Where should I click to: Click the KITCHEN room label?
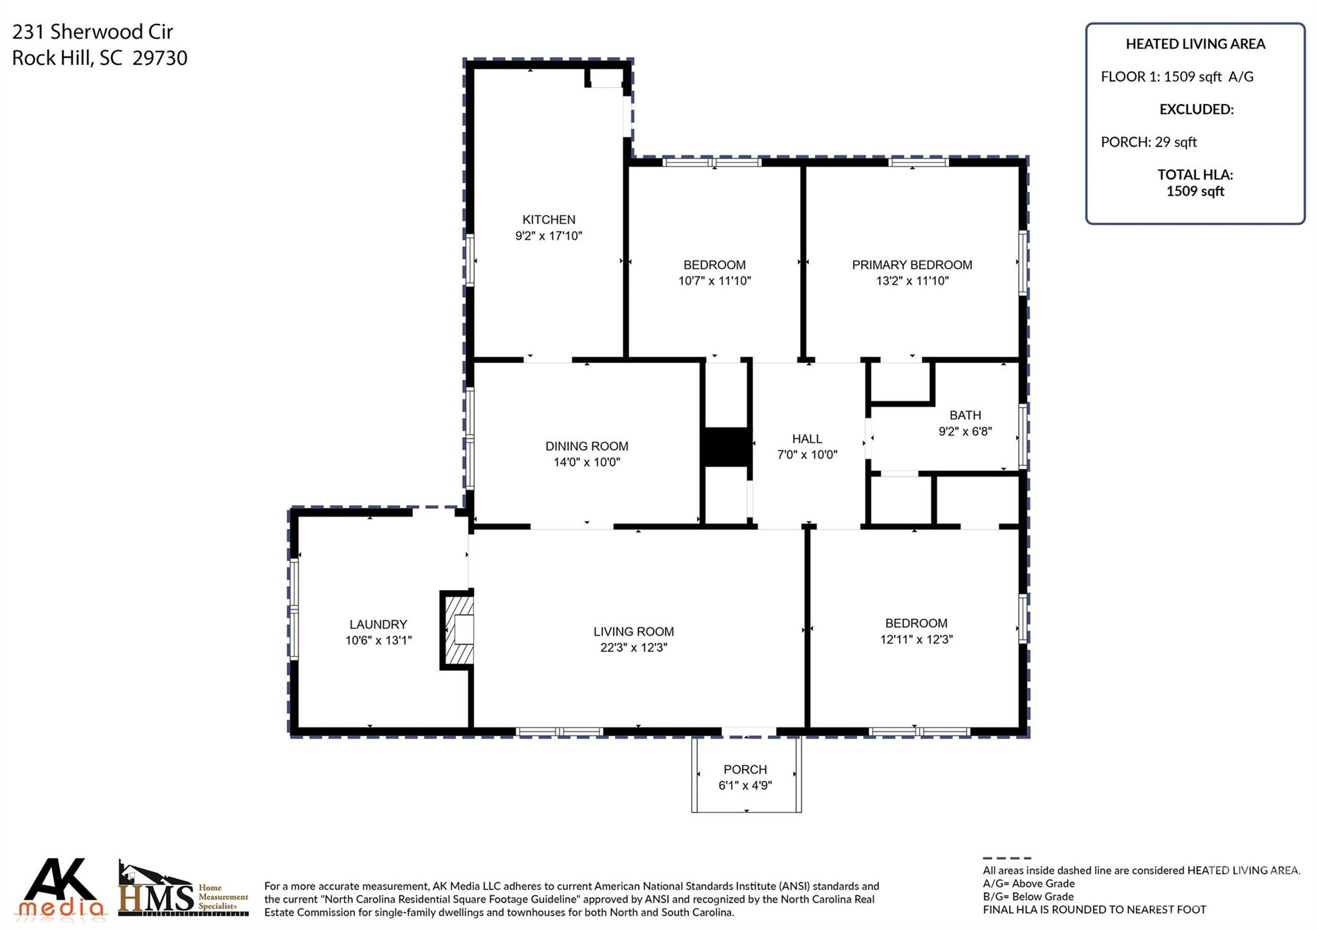[x=548, y=220]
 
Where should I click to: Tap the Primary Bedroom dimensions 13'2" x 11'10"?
[x=912, y=281]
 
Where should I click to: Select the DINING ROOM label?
[x=586, y=446]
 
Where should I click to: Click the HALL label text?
[x=806, y=439]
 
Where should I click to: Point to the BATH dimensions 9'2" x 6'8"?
[x=965, y=432]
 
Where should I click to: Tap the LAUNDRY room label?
[x=378, y=625]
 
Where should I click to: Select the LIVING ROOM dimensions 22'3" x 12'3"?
[x=633, y=648]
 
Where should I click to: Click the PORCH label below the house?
[x=745, y=770]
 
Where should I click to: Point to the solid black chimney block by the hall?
[x=726, y=447]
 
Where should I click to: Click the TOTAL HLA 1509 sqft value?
[x=1195, y=192]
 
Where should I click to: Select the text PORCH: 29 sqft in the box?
[x=1149, y=142]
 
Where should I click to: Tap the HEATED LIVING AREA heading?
[x=1195, y=44]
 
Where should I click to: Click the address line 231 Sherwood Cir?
[x=93, y=31]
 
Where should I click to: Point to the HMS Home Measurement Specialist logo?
[x=183, y=890]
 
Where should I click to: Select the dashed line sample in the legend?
[x=1006, y=858]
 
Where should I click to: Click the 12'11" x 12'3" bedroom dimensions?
[x=916, y=639]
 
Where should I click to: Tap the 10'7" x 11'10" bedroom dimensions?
[x=714, y=281]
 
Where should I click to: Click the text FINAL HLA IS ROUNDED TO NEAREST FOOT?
[x=1094, y=910]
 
